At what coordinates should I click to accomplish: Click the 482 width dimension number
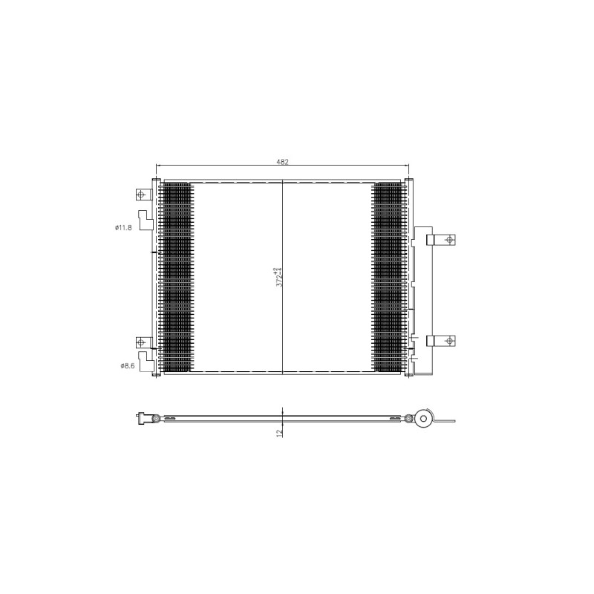(x=282, y=162)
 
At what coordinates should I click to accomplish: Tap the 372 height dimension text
(x=280, y=277)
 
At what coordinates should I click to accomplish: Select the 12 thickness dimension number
(x=280, y=432)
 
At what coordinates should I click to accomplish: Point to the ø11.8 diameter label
(x=123, y=228)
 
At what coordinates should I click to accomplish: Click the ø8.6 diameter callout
(x=128, y=365)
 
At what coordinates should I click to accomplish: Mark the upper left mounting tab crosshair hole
(x=141, y=195)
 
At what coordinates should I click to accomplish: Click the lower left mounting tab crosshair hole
(x=141, y=342)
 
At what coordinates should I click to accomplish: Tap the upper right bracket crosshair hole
(x=450, y=240)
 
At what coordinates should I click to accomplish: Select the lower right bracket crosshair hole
(x=450, y=341)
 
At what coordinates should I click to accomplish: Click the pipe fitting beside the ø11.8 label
(x=146, y=220)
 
